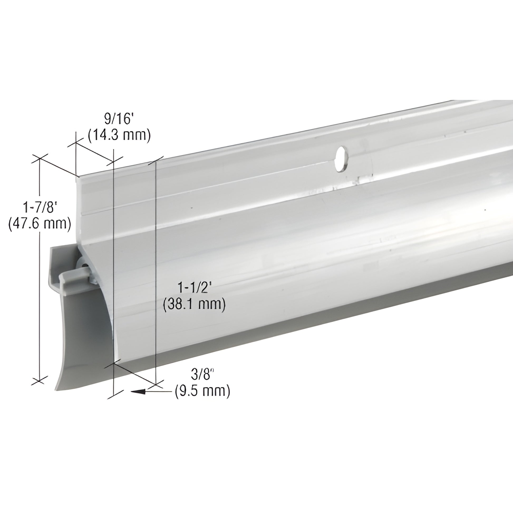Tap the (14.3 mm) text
point(119,135)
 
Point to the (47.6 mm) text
point(40,224)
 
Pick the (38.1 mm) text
point(194,304)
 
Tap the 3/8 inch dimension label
point(202,375)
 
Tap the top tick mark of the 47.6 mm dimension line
point(40,158)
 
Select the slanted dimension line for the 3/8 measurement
point(134,374)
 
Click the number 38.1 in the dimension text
point(181,304)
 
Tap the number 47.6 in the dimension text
point(26,224)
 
